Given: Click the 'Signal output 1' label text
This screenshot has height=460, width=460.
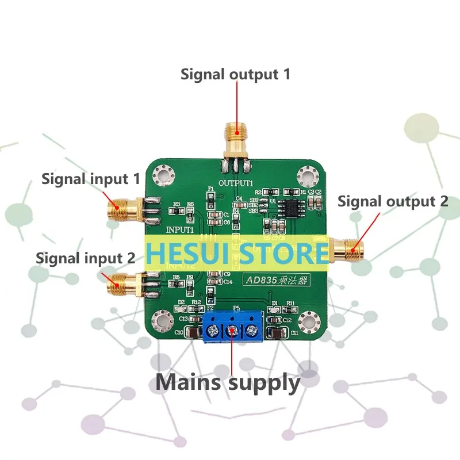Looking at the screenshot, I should tap(236, 74).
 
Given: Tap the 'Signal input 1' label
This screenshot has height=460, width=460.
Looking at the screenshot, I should tap(90, 178).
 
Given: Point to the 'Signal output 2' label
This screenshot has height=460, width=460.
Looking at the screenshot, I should tap(392, 201).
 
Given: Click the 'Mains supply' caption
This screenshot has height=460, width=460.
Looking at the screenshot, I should tap(228, 382).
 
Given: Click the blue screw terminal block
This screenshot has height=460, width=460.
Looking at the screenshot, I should tap(233, 327).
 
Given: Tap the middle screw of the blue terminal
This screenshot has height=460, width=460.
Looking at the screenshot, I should tap(233, 330).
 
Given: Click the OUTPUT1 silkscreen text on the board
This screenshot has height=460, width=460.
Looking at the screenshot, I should tap(236, 183).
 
